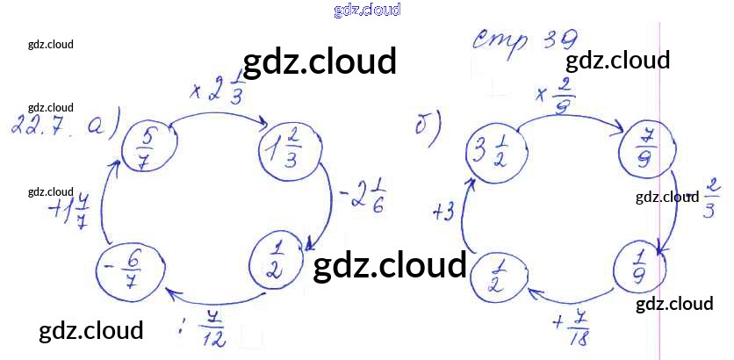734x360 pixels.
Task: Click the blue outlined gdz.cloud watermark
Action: [x=367, y=10]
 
